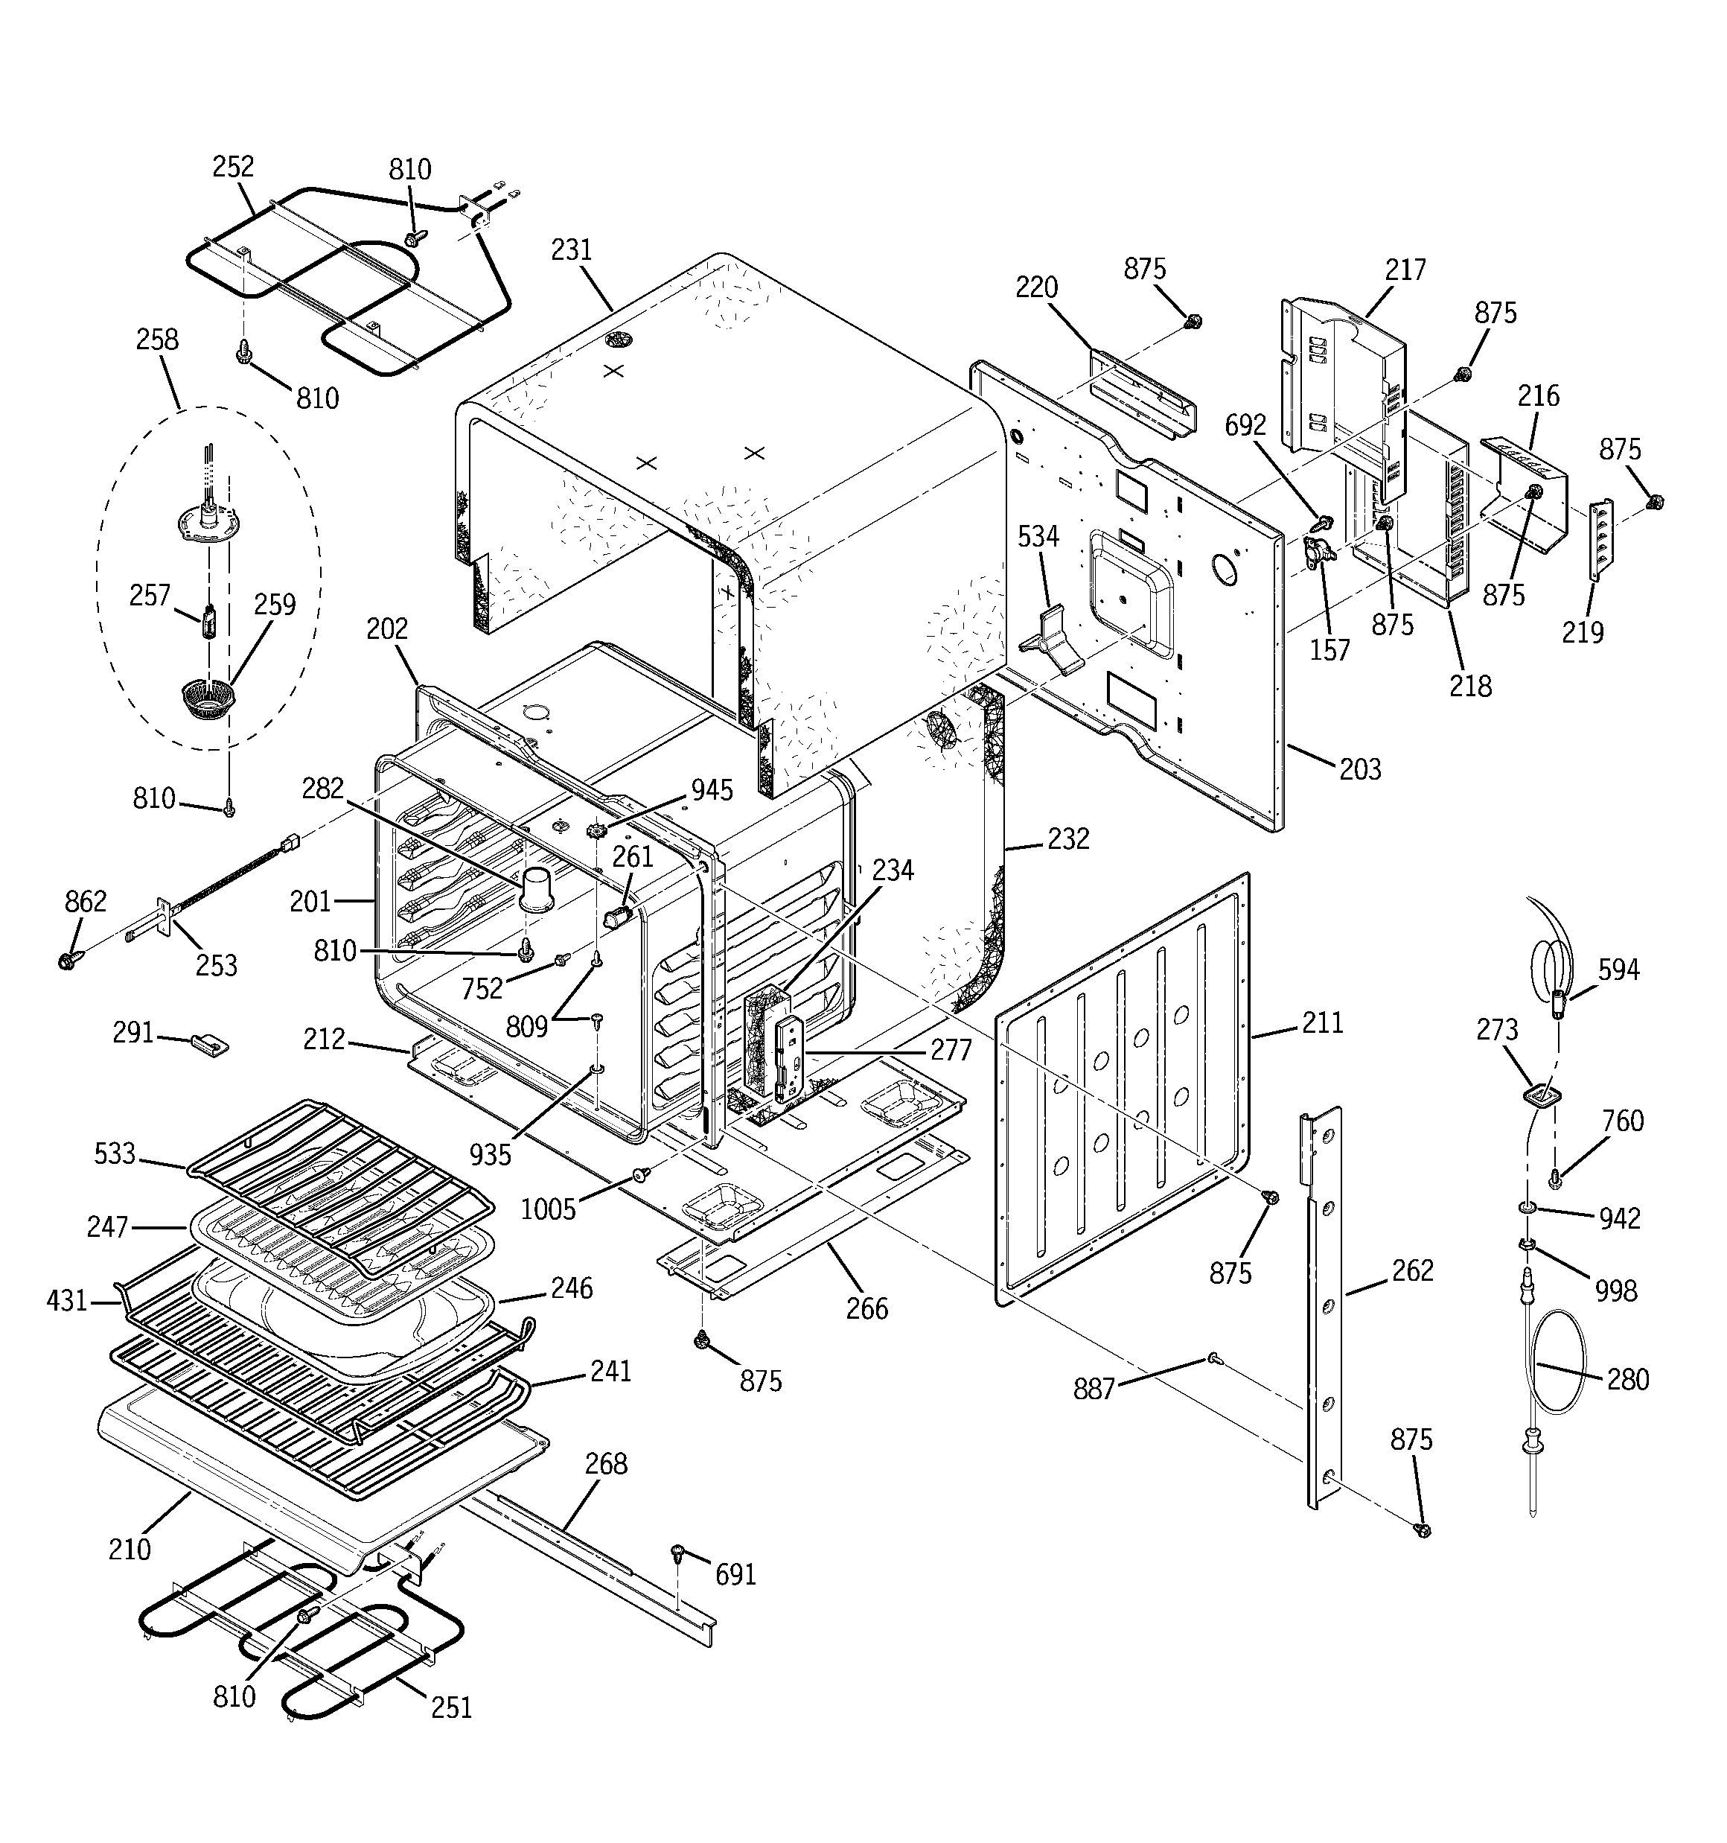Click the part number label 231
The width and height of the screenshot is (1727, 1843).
tap(571, 250)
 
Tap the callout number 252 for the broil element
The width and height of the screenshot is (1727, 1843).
tap(233, 167)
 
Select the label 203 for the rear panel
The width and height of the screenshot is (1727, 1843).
tap(1360, 769)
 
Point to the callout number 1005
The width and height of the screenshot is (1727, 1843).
tap(549, 1210)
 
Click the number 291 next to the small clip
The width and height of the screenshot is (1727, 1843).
tap(133, 1032)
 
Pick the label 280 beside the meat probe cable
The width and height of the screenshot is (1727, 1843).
tap(1628, 1380)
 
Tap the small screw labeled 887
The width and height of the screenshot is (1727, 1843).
tap(1213, 1359)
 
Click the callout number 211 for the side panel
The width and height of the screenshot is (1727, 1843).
tap(1322, 1022)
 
